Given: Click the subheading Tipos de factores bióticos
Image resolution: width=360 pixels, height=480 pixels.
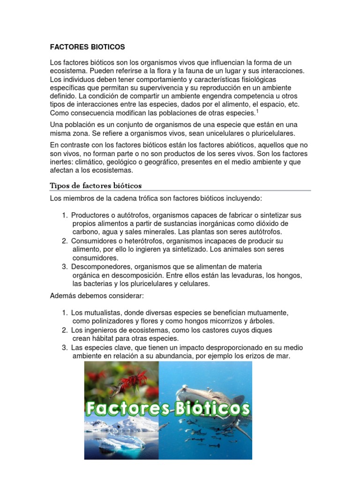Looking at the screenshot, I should point(96,185).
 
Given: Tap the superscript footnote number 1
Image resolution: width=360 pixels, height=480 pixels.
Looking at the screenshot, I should point(257,111).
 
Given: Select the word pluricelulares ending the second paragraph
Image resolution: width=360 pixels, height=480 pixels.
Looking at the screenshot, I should point(270,133).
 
